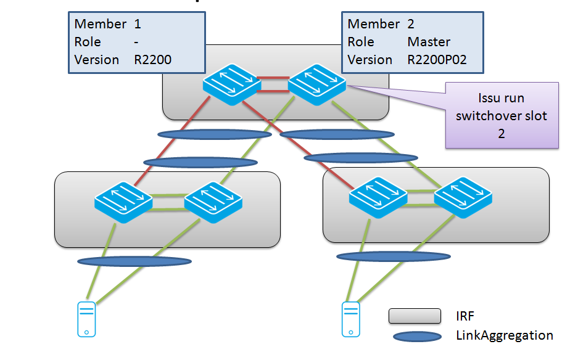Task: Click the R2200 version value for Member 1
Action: (x=152, y=60)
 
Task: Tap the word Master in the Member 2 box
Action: (x=429, y=42)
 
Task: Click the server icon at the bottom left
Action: (x=86, y=319)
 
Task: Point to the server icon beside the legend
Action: (x=351, y=319)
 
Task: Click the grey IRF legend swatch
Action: (x=414, y=316)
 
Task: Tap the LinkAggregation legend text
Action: (x=504, y=335)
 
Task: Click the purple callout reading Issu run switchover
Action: (x=502, y=115)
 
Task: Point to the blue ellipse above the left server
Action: (x=134, y=261)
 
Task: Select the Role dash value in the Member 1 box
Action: (x=136, y=42)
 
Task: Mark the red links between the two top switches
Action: (x=272, y=84)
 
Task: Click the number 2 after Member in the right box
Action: (x=411, y=24)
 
